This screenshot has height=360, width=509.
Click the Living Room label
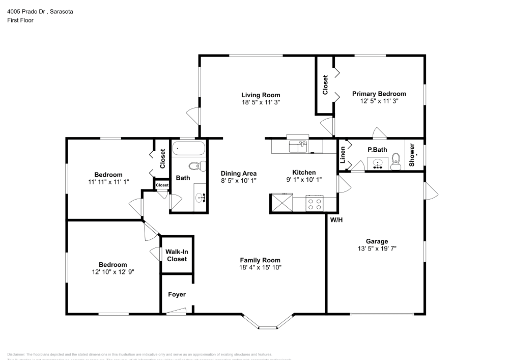[x=260, y=95]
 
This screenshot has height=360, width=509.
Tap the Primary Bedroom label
[x=379, y=94]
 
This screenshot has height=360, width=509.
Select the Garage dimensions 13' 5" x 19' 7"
[x=377, y=248]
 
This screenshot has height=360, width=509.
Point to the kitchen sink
[x=297, y=147]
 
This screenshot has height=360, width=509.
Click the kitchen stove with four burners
[x=315, y=204]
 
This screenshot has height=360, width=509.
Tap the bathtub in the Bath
[x=189, y=149]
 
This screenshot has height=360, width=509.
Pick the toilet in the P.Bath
[x=398, y=161]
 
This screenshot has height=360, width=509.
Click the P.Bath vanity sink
[x=378, y=164]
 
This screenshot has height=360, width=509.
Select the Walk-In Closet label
[x=177, y=255]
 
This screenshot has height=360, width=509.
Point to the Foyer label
[x=177, y=294]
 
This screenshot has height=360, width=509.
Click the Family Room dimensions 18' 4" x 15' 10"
[x=260, y=267]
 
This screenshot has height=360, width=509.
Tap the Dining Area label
[x=238, y=173]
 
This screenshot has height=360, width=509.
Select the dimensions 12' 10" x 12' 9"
[x=112, y=271]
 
